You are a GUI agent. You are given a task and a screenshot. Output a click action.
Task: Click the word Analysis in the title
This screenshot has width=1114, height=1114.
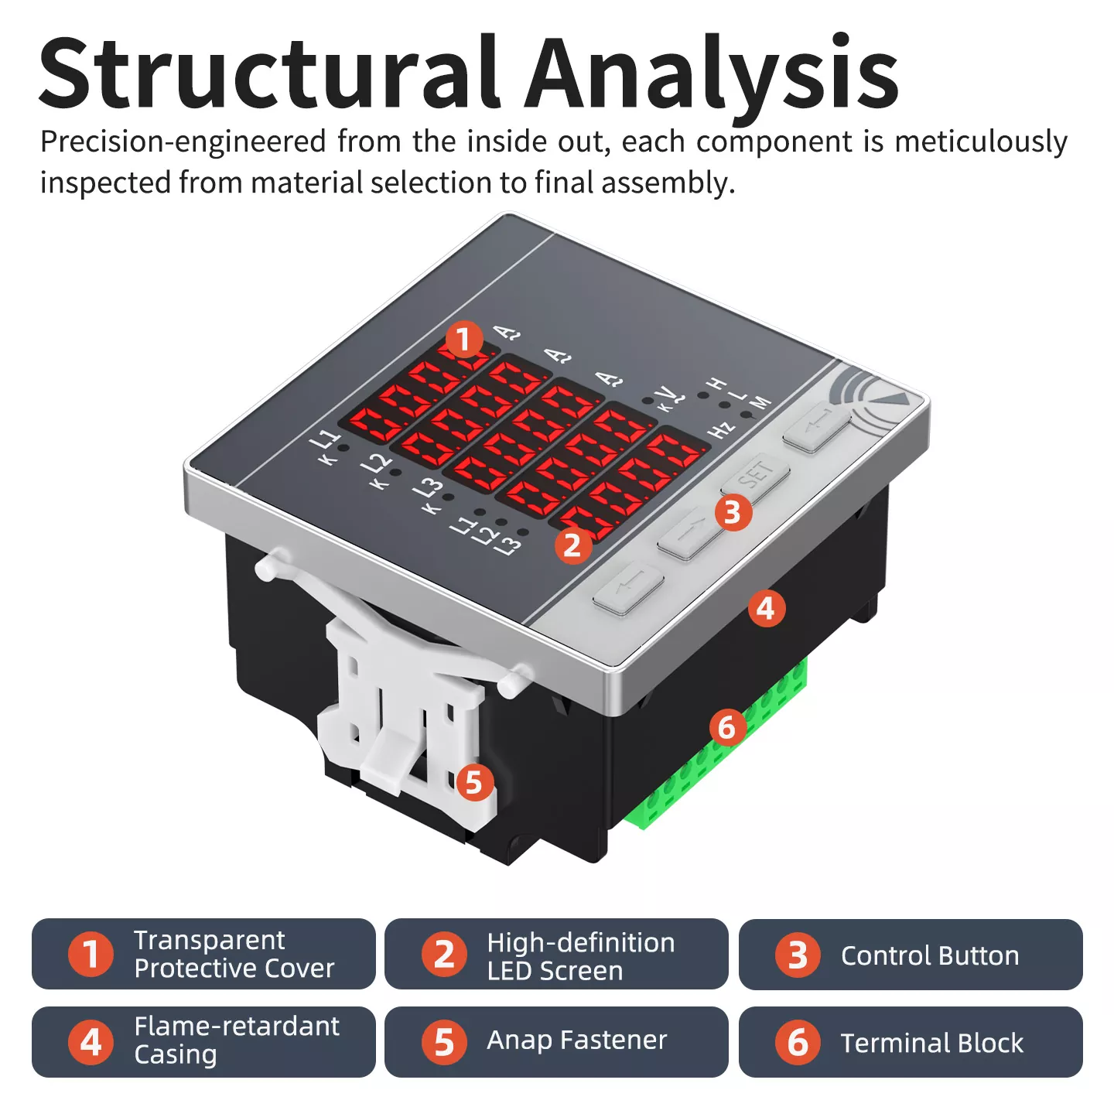point(712,73)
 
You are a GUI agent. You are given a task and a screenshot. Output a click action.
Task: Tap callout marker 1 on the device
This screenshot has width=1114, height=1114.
point(464,340)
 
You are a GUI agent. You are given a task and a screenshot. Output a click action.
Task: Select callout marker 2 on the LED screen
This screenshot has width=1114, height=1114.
point(572,545)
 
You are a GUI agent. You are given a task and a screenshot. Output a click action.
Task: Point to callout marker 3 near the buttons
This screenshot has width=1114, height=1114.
point(733,512)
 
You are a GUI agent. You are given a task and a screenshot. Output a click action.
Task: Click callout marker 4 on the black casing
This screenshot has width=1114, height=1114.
point(766,609)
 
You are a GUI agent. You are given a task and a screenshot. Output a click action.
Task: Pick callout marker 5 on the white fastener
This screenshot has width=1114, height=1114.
point(474,783)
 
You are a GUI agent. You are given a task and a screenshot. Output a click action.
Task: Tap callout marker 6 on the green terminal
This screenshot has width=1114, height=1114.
point(727,727)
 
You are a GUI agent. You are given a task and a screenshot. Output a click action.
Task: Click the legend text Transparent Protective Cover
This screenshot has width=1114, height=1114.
point(234,954)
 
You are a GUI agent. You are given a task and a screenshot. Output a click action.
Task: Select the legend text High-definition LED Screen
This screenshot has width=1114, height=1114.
point(580,956)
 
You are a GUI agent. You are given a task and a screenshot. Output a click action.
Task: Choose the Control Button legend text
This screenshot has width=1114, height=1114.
point(930,956)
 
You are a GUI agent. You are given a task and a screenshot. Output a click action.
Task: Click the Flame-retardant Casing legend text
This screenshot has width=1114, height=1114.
point(236,1040)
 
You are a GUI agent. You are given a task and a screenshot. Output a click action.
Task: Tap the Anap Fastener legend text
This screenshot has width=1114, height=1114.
point(576,1041)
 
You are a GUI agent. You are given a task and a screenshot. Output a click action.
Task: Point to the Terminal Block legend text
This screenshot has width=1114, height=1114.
point(931,1043)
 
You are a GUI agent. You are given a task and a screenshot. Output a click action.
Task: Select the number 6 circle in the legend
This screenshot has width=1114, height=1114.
point(798,1043)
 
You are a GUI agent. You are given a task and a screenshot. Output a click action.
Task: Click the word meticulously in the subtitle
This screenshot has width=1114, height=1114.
point(980,142)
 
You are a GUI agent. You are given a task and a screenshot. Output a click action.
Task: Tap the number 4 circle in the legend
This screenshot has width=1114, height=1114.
point(91,1042)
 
